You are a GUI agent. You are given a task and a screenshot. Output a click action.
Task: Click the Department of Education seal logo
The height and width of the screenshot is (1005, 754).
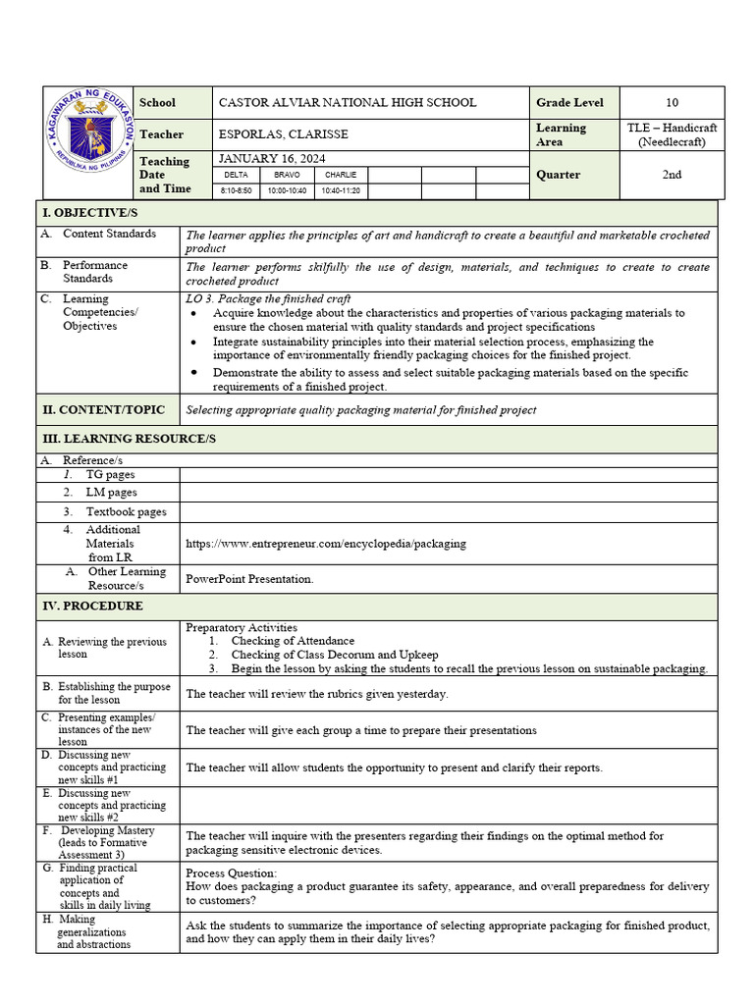[88, 142]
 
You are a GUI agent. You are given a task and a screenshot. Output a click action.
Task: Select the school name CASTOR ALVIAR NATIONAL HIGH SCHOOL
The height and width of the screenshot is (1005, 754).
[347, 103]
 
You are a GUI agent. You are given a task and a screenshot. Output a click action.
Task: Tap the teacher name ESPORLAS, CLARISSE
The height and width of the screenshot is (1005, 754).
[283, 134]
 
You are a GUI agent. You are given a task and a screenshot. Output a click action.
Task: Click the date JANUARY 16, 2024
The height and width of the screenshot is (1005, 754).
[272, 159]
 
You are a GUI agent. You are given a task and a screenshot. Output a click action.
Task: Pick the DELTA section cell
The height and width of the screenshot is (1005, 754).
[236, 175]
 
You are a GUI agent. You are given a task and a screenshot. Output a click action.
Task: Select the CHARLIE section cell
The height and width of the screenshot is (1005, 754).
[341, 175]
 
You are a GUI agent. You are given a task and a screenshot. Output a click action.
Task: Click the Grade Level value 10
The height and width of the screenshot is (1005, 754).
[672, 103]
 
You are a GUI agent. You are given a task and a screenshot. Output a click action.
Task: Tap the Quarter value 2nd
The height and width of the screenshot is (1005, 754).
[672, 175]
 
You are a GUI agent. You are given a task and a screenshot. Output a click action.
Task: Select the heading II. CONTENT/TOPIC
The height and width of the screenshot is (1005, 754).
[102, 409]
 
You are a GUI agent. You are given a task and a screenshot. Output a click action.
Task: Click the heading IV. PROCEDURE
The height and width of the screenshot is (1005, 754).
[92, 606]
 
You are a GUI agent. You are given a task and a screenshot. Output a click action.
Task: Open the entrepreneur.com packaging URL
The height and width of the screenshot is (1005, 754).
[326, 543]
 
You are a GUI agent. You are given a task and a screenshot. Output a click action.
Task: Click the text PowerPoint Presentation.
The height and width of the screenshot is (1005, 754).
[249, 579]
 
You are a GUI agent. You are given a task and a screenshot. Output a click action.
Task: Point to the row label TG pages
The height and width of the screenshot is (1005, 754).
[110, 474]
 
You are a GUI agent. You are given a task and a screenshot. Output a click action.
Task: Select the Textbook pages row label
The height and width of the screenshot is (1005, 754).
[126, 511]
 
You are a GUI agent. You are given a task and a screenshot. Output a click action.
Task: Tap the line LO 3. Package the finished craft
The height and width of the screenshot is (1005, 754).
[268, 298]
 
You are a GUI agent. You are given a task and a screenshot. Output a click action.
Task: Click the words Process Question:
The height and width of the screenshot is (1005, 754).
[232, 873]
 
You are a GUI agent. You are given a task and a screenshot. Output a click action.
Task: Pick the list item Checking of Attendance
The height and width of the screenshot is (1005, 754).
[293, 641]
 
